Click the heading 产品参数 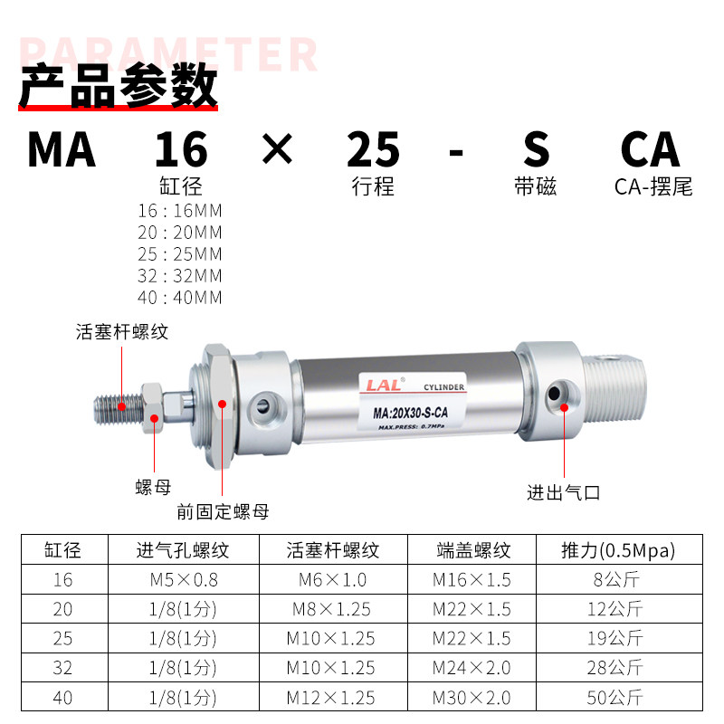click(119, 88)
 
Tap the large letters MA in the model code click(61, 149)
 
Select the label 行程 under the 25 click(373, 187)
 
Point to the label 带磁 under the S click(535, 187)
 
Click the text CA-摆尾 click(653, 187)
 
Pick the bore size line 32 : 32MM click(180, 276)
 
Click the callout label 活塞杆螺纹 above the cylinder click(122, 332)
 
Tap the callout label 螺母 click(153, 489)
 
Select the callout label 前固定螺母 click(223, 511)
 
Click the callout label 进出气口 click(564, 492)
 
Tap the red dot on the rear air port click(563, 407)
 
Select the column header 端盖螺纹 click(473, 550)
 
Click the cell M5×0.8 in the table click(183, 579)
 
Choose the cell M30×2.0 click(472, 698)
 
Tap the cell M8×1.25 click(330, 609)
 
